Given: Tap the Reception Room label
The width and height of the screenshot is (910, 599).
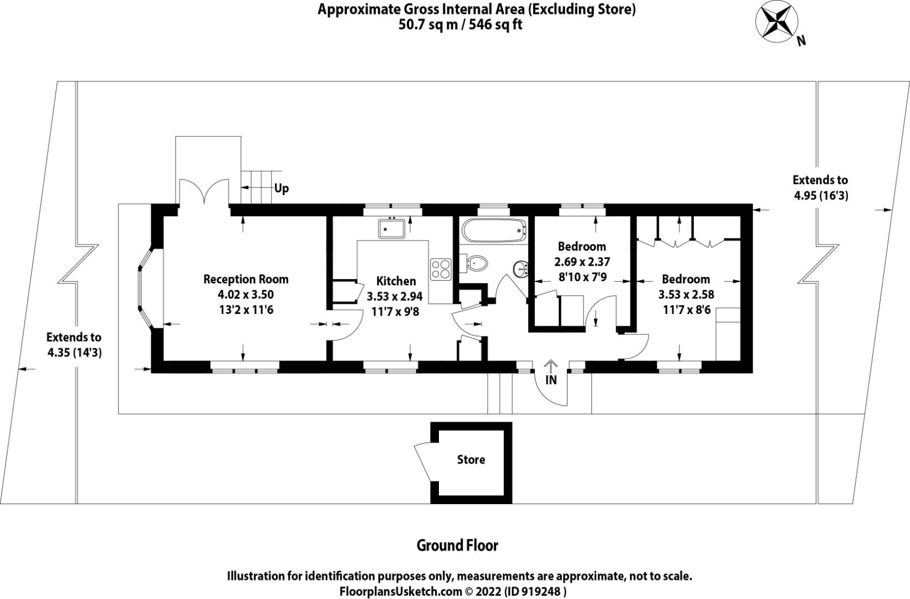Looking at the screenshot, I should click(246, 279).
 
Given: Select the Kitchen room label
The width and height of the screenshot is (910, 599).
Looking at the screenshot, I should click(396, 281).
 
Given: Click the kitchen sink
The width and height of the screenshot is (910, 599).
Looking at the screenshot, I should click(391, 228).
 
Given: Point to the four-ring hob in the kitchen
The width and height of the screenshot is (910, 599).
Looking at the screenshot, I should click(441, 269).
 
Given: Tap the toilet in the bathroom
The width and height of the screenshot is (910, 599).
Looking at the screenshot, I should click(476, 263).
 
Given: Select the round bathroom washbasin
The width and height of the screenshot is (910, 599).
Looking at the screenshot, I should click(521, 268).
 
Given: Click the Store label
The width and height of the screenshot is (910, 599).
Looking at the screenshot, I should click(471, 460).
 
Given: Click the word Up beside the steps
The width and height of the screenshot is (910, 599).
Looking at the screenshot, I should click(282, 189).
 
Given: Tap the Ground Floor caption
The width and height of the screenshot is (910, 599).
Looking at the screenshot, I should click(457, 546).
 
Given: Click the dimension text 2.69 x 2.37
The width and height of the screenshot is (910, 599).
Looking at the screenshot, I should click(582, 261).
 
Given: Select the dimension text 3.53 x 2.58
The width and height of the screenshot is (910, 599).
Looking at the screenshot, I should click(686, 295).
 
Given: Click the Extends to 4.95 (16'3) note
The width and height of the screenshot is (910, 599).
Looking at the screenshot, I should click(820, 187).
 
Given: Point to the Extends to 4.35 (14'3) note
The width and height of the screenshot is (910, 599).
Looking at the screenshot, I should click(74, 344).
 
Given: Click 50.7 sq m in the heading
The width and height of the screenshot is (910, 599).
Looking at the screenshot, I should click(427, 25).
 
